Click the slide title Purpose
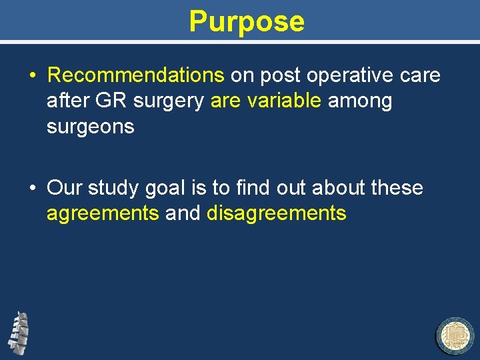(x=247, y=21)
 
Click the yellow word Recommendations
(x=136, y=75)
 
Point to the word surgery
(x=173, y=101)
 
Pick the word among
(x=359, y=101)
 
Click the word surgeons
(x=90, y=127)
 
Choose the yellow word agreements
(x=103, y=213)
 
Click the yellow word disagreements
(x=277, y=213)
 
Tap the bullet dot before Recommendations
(x=33, y=76)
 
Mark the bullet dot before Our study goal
(x=33, y=189)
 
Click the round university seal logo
(x=455, y=336)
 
